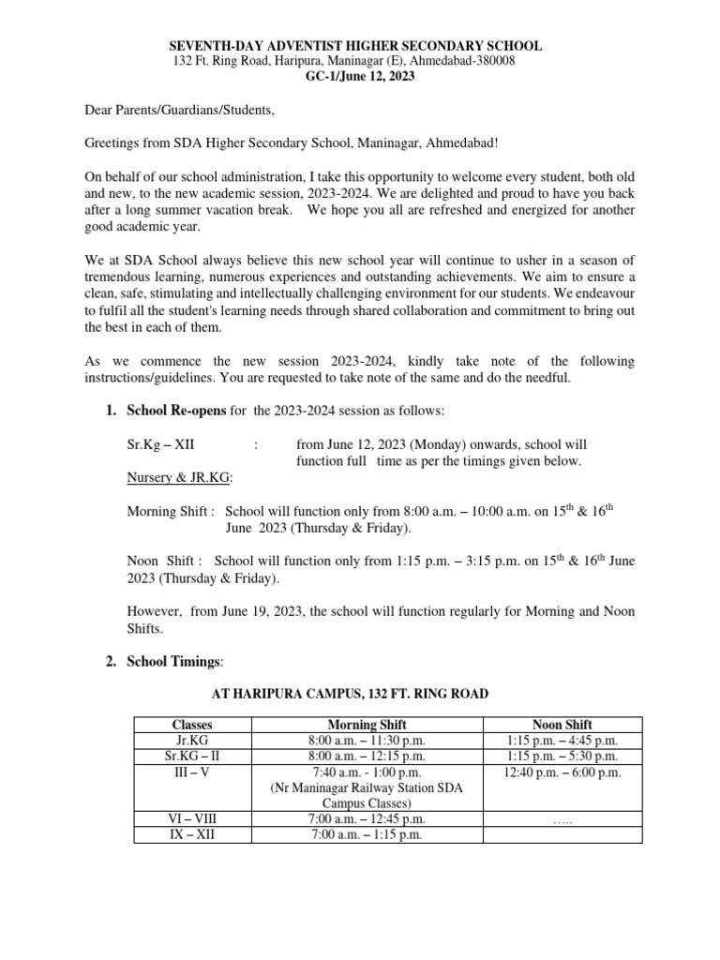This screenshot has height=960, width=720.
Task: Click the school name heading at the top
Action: coord(354,46)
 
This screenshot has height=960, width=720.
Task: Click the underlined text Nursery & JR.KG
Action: coord(179,478)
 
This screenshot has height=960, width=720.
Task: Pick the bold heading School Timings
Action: coord(174,661)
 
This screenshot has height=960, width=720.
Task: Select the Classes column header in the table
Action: coord(193,725)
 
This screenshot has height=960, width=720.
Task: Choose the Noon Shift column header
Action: coord(562,725)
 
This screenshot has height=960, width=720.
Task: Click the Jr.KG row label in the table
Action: coord(193,741)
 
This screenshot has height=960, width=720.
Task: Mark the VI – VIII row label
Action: coord(193,818)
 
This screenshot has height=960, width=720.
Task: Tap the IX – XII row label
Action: coord(193,834)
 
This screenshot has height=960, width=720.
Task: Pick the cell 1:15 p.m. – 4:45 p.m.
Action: coord(562,741)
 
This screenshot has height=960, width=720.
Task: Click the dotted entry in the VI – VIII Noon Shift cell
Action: coord(562,820)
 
